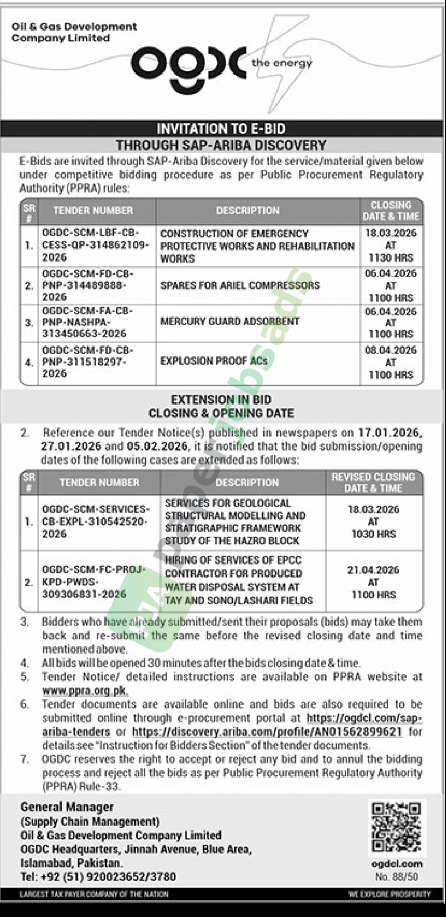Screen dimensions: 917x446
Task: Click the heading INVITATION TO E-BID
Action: [x=221, y=129]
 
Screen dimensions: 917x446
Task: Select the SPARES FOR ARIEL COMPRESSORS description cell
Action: [x=240, y=285]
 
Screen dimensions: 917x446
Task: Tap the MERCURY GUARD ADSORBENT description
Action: [x=230, y=322]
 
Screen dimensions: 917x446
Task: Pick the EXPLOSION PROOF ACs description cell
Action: [x=214, y=361]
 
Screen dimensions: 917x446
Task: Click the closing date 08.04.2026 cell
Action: [x=391, y=362]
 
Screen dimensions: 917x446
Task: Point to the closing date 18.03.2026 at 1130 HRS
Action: [x=391, y=245]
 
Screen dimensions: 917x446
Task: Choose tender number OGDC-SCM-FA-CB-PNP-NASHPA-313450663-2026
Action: [x=87, y=322]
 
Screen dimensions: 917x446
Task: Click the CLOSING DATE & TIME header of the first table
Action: [x=391, y=211]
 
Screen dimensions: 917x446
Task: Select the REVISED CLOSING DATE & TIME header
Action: [x=373, y=482]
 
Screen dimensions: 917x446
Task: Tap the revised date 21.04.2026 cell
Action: [x=373, y=582]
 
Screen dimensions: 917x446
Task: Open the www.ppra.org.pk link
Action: [x=85, y=691]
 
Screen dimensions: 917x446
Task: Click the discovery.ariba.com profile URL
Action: [x=267, y=732]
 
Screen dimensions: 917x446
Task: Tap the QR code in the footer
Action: [x=396, y=827]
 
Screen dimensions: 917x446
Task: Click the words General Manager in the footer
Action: [x=67, y=807]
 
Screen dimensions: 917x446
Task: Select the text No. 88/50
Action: [x=396, y=877]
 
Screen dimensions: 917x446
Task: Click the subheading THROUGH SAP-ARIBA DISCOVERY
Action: [x=221, y=146]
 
